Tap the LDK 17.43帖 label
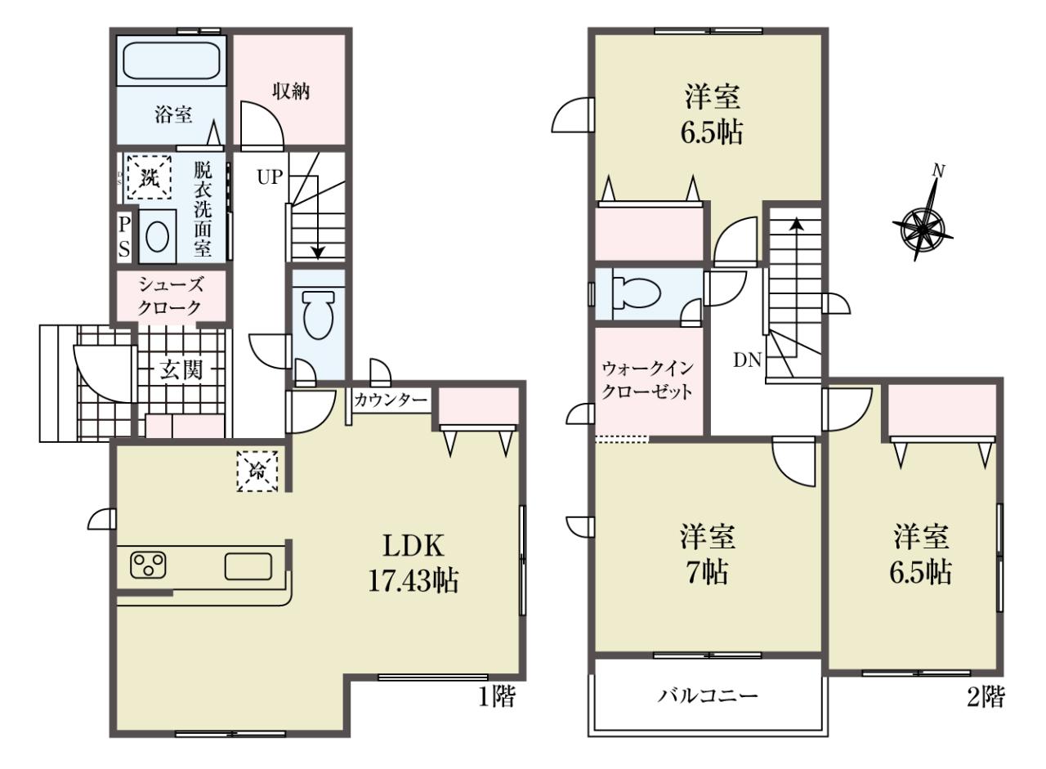click(x=413, y=563)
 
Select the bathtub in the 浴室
click(x=171, y=60)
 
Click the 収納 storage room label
click(x=291, y=91)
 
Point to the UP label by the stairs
click(x=270, y=177)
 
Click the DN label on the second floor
click(x=747, y=360)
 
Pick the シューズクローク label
click(x=171, y=296)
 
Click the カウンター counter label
click(x=391, y=400)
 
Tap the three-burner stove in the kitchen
click(x=149, y=565)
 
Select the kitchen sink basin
click(x=248, y=566)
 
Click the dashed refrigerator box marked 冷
click(x=257, y=471)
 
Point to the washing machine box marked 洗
click(x=150, y=177)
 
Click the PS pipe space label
click(x=123, y=237)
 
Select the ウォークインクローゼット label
click(x=647, y=381)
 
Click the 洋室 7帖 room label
click(x=707, y=554)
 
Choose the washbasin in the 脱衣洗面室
click(x=158, y=237)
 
